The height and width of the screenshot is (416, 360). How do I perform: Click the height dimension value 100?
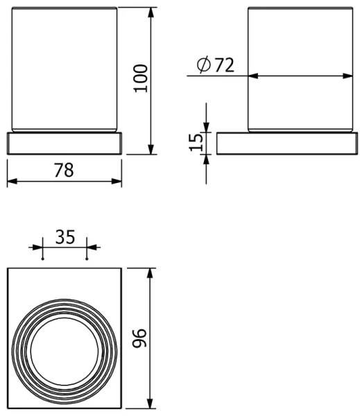pyautogui.click(x=141, y=80)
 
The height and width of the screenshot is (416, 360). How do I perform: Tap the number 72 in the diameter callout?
pyautogui.click(x=224, y=65)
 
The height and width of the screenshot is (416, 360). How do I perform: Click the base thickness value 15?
pyautogui.click(x=196, y=142)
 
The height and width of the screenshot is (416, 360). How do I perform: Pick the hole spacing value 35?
pyautogui.click(x=65, y=236)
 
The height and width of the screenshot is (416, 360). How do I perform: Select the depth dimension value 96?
pyautogui.click(x=140, y=338)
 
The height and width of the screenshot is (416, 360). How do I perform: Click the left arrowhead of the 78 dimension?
pyautogui.click(x=10, y=182)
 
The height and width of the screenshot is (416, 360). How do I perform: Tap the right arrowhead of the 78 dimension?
pyautogui.click(x=119, y=182)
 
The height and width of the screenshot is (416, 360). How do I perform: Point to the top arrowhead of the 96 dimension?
pyautogui.click(x=150, y=270)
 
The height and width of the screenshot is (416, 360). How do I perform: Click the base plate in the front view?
pyautogui.click(x=65, y=142)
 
